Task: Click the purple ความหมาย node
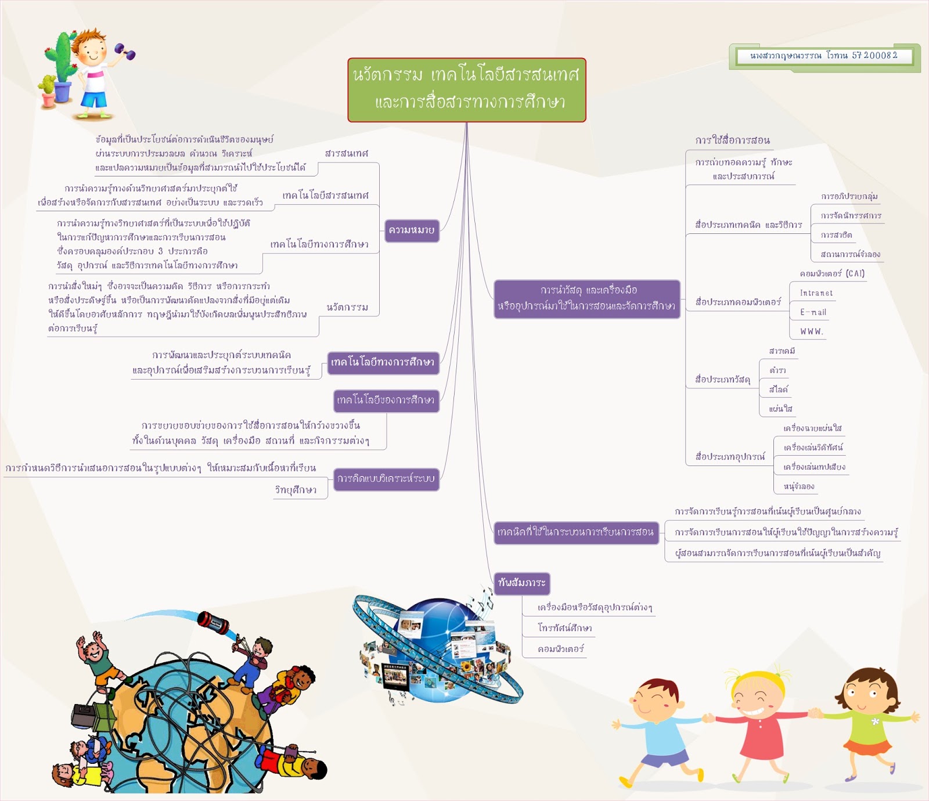pos(412,230)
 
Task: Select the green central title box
pos(467,90)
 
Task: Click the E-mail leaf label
pos(813,312)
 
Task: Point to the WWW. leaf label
pos(812,331)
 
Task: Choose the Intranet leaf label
pos(816,293)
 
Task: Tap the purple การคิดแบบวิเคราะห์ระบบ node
pos(386,479)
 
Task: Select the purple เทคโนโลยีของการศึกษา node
pos(386,400)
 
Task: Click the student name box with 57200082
pos(824,56)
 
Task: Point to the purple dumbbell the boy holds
pos(125,52)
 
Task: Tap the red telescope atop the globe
pos(213,623)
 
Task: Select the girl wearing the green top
pos(867,720)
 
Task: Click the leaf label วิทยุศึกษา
pos(296,490)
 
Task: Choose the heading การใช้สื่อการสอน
pos(733,140)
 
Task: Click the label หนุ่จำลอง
pos(799,486)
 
